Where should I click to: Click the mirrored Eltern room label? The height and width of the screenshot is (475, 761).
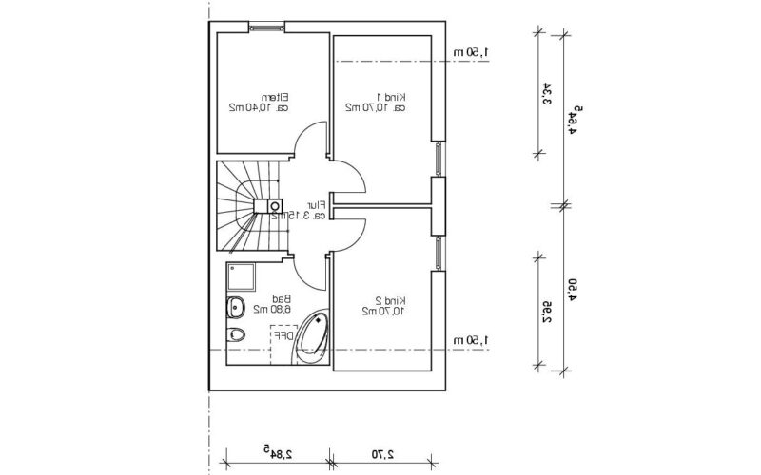coord(277,96)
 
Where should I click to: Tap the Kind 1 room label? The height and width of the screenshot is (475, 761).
coord(391,96)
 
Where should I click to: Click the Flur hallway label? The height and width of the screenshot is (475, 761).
coord(315,204)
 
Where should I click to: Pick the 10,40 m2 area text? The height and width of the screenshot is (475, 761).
coord(250,108)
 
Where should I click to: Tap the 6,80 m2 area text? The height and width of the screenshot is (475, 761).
coord(271,310)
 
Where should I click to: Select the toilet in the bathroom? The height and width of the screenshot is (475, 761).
coord(237,333)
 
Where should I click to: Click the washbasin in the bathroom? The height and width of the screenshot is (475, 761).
coord(235,307)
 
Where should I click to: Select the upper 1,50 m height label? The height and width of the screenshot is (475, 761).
coord(471,52)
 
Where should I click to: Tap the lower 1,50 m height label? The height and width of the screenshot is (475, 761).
coord(471,340)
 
